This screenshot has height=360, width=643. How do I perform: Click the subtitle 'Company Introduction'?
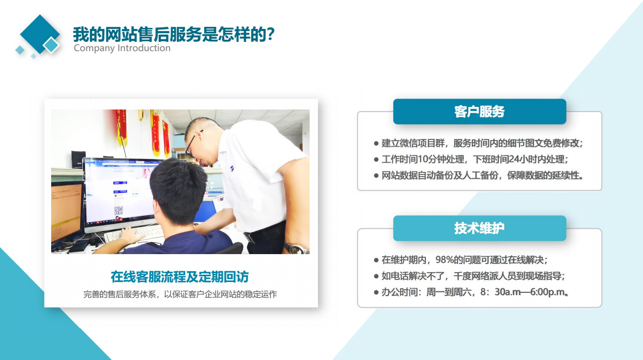pos(122,48)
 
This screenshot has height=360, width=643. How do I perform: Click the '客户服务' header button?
pos(479,112)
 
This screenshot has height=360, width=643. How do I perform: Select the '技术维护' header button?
pos(479,228)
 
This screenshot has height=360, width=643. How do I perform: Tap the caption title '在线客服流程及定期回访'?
pos(180,277)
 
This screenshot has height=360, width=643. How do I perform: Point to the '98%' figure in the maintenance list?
pos(445,260)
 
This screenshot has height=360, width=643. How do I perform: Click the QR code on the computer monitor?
pos(118,211)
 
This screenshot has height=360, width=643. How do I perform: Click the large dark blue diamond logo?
pos(40,34)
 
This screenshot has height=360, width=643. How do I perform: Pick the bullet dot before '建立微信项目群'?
pos(376,144)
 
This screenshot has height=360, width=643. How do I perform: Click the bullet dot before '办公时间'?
pos(376,292)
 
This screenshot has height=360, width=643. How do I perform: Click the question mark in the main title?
pos(270,34)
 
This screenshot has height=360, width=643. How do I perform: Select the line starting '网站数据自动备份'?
pos(482,175)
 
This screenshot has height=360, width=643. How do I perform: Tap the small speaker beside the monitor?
pos(78,160)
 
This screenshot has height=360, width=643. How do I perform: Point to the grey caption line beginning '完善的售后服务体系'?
pos(180,294)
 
